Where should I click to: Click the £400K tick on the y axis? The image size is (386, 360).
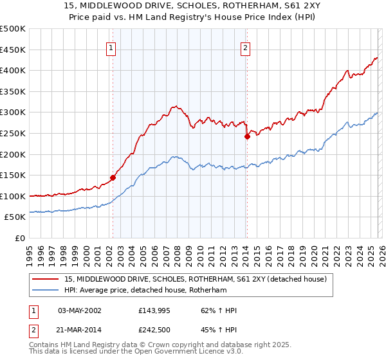tap(13, 70)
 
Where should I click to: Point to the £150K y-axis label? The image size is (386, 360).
tap(13, 175)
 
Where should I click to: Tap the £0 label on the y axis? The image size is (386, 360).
tap(19, 238)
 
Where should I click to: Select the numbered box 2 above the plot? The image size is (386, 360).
tap(246, 47)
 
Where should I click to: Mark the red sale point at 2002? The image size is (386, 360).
tap(113, 177)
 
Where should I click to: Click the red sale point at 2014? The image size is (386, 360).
tap(247, 136)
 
